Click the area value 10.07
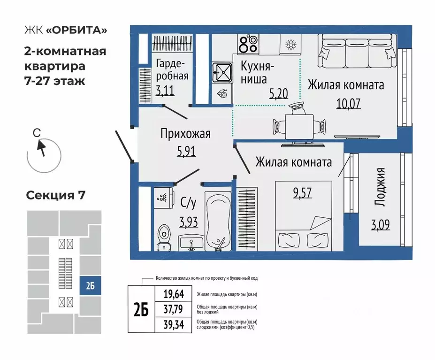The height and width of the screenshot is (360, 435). [x=348, y=103]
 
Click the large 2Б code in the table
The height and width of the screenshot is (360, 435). [x=141, y=309]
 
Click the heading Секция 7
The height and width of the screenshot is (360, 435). [x=55, y=195]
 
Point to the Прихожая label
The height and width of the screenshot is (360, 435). [x=185, y=134]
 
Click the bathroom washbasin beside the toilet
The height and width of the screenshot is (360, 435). [x=191, y=242]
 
